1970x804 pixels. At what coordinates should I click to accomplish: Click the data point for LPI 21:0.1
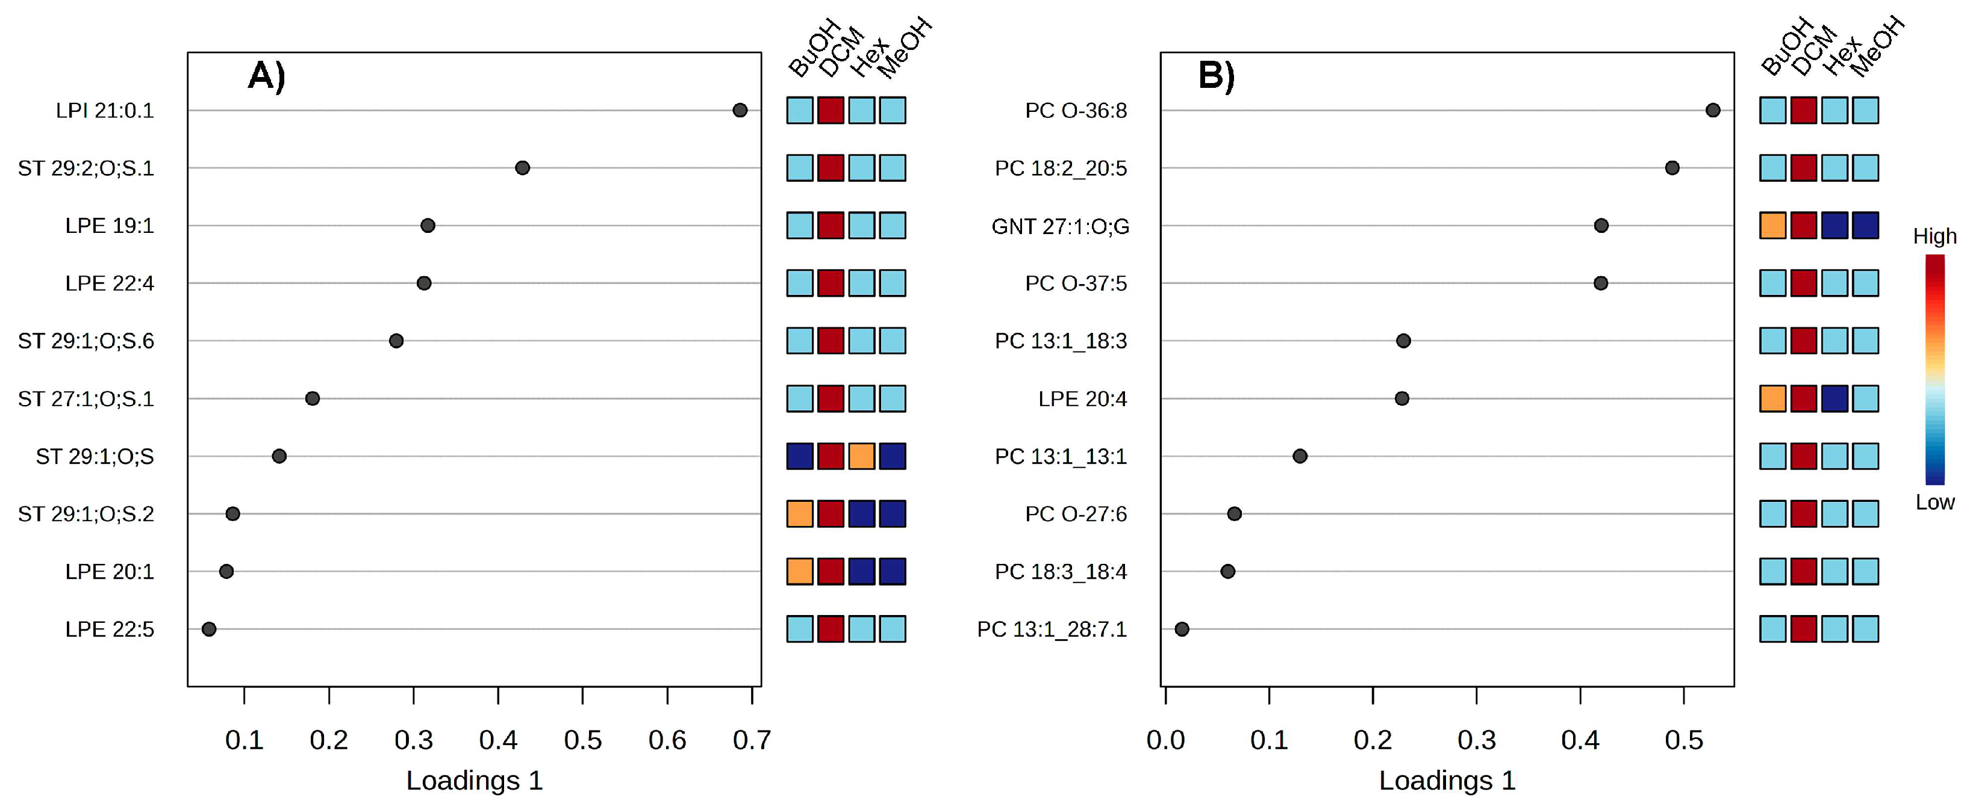click(x=740, y=110)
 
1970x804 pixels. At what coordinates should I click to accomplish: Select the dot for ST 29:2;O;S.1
click(x=522, y=167)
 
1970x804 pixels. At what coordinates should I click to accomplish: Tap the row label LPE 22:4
click(x=110, y=283)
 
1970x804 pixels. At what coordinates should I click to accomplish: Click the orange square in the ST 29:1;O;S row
click(x=861, y=456)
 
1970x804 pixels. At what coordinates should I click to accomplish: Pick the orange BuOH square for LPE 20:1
click(x=800, y=571)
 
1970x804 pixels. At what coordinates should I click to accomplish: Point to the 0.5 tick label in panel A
click(x=583, y=740)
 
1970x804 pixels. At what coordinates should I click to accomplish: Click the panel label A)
click(x=266, y=76)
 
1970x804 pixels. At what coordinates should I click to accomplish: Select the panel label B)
click(x=1216, y=76)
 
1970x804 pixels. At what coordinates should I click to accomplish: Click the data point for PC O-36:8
click(x=1713, y=110)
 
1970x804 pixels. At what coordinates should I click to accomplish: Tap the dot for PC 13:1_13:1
click(x=1300, y=456)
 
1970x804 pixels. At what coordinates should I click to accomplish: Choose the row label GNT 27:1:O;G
click(x=1060, y=226)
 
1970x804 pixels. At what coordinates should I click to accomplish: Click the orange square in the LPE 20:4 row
click(x=1772, y=398)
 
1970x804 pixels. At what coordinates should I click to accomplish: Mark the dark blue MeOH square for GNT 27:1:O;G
click(x=1865, y=226)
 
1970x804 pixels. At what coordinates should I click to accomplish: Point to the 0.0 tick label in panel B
click(x=1165, y=740)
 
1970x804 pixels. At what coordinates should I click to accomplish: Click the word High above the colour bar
click(x=1934, y=236)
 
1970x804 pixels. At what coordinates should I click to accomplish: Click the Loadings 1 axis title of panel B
click(x=1447, y=781)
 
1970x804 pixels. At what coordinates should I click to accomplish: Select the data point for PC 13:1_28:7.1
click(x=1182, y=629)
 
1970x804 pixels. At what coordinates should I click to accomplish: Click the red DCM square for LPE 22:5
click(x=831, y=629)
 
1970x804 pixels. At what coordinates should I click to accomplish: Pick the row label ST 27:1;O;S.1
click(x=86, y=399)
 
